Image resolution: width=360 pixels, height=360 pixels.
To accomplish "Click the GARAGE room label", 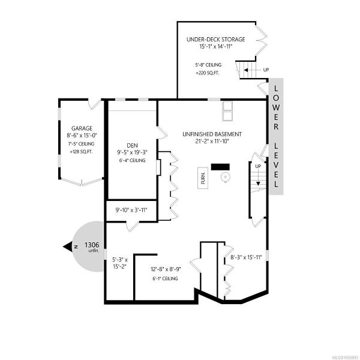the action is (x=82, y=128).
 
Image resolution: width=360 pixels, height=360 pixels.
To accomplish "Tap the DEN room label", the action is (x=132, y=145).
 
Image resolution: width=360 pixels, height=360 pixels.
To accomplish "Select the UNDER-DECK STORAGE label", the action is (x=216, y=39).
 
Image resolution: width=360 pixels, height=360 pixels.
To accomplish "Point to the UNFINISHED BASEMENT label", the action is (x=212, y=134).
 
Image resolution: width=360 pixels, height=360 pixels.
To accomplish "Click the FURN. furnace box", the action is (x=203, y=178).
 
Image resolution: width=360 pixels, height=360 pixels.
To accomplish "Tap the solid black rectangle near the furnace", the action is (x=220, y=167).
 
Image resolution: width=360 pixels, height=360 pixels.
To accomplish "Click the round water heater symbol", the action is (x=225, y=178).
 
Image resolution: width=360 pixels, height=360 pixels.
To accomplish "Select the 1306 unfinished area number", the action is (x=92, y=245).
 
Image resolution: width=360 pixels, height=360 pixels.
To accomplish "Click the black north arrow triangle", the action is (x=68, y=247).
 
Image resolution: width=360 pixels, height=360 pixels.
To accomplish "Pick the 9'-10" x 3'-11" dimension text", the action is (x=131, y=210).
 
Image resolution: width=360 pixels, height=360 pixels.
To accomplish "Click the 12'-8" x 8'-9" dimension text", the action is (x=166, y=269).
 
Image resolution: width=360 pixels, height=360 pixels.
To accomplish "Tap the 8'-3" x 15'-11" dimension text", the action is (x=246, y=257).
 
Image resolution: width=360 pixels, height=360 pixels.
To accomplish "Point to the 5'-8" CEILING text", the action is (x=208, y=65).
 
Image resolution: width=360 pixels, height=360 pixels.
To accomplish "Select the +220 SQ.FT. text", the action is (x=208, y=73).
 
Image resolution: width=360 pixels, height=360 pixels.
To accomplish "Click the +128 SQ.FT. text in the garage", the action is (x=81, y=152).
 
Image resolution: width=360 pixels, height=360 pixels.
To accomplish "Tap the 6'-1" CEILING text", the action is (x=165, y=279).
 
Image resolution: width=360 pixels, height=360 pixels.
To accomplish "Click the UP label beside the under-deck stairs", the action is (x=266, y=70).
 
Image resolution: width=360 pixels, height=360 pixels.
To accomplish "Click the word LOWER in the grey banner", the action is (x=276, y=107).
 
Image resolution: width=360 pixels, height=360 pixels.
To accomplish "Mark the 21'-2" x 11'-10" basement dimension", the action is (x=211, y=141).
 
